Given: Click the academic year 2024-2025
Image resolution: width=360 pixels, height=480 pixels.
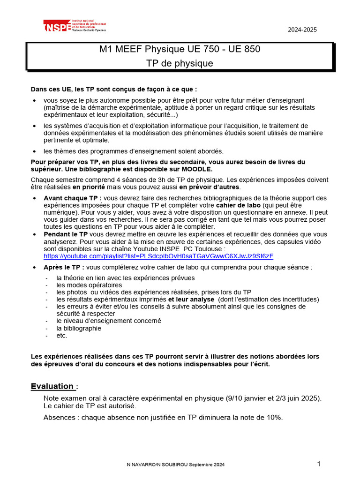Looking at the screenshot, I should pyautogui.click(x=302, y=30).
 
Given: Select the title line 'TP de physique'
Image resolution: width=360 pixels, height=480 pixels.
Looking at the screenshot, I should pyautogui.click(x=180, y=63).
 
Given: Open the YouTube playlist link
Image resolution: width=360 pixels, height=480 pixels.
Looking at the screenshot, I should pyautogui.click(x=158, y=256).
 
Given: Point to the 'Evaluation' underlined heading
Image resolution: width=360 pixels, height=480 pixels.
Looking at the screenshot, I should pyautogui.click(x=52, y=386).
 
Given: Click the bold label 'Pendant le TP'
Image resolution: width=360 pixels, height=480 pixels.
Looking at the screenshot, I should pyautogui.click(x=66, y=234).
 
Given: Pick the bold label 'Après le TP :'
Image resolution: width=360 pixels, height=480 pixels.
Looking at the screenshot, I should pyautogui.click(x=64, y=267).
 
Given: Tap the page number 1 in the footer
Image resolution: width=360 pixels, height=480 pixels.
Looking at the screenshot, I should pyautogui.click(x=319, y=464).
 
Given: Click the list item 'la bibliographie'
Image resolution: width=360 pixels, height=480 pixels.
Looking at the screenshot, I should pyautogui.click(x=79, y=328).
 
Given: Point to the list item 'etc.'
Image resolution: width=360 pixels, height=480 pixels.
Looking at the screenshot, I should pyautogui.click(x=62, y=335).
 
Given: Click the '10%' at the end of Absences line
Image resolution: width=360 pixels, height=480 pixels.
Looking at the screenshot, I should pyautogui.click(x=275, y=418).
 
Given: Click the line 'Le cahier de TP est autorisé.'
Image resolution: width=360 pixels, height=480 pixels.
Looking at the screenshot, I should pyautogui.click(x=90, y=405).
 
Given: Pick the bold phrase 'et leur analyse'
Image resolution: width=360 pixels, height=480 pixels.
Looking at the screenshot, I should pyautogui.click(x=191, y=299).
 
